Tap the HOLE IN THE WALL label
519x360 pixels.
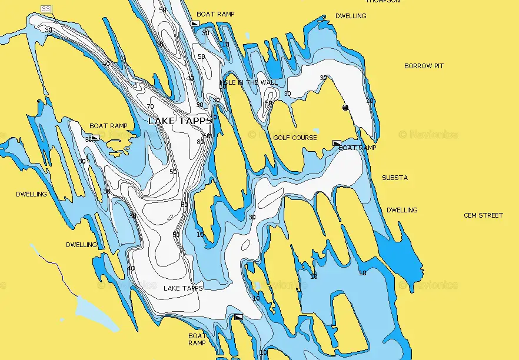tap(249, 82)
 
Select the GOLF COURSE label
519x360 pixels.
tap(295, 138)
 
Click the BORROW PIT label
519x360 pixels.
tap(424, 66)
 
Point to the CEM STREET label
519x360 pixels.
tap(483, 215)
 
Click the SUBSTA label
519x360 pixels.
tap(394, 178)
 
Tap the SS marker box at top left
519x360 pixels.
tap(45, 8)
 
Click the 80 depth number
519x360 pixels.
tap(200, 142)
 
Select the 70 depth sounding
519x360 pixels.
tap(150, 106)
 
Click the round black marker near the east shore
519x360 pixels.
tap(345, 108)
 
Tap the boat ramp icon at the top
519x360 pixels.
tap(195, 23)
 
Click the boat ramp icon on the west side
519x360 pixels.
tap(95, 138)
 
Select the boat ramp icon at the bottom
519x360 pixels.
tap(238, 317)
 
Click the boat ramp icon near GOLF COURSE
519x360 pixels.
tap(337, 143)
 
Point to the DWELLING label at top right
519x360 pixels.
tap(351, 16)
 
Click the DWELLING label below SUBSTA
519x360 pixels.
tap(402, 210)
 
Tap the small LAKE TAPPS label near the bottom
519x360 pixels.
tap(183, 288)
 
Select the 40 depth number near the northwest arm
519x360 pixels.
tap(106, 64)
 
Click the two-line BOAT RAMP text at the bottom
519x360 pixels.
tap(197, 339)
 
